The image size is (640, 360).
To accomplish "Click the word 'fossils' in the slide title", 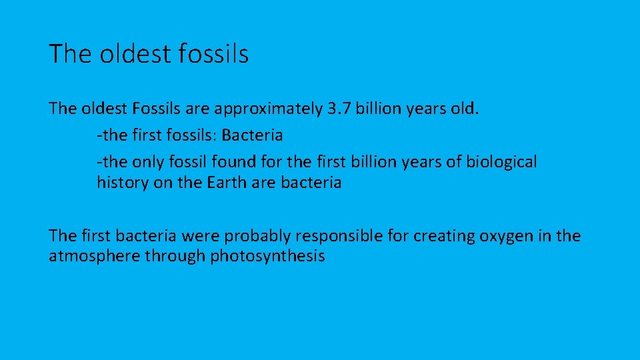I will [214, 54].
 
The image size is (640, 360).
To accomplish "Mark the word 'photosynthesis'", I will [267, 257].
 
